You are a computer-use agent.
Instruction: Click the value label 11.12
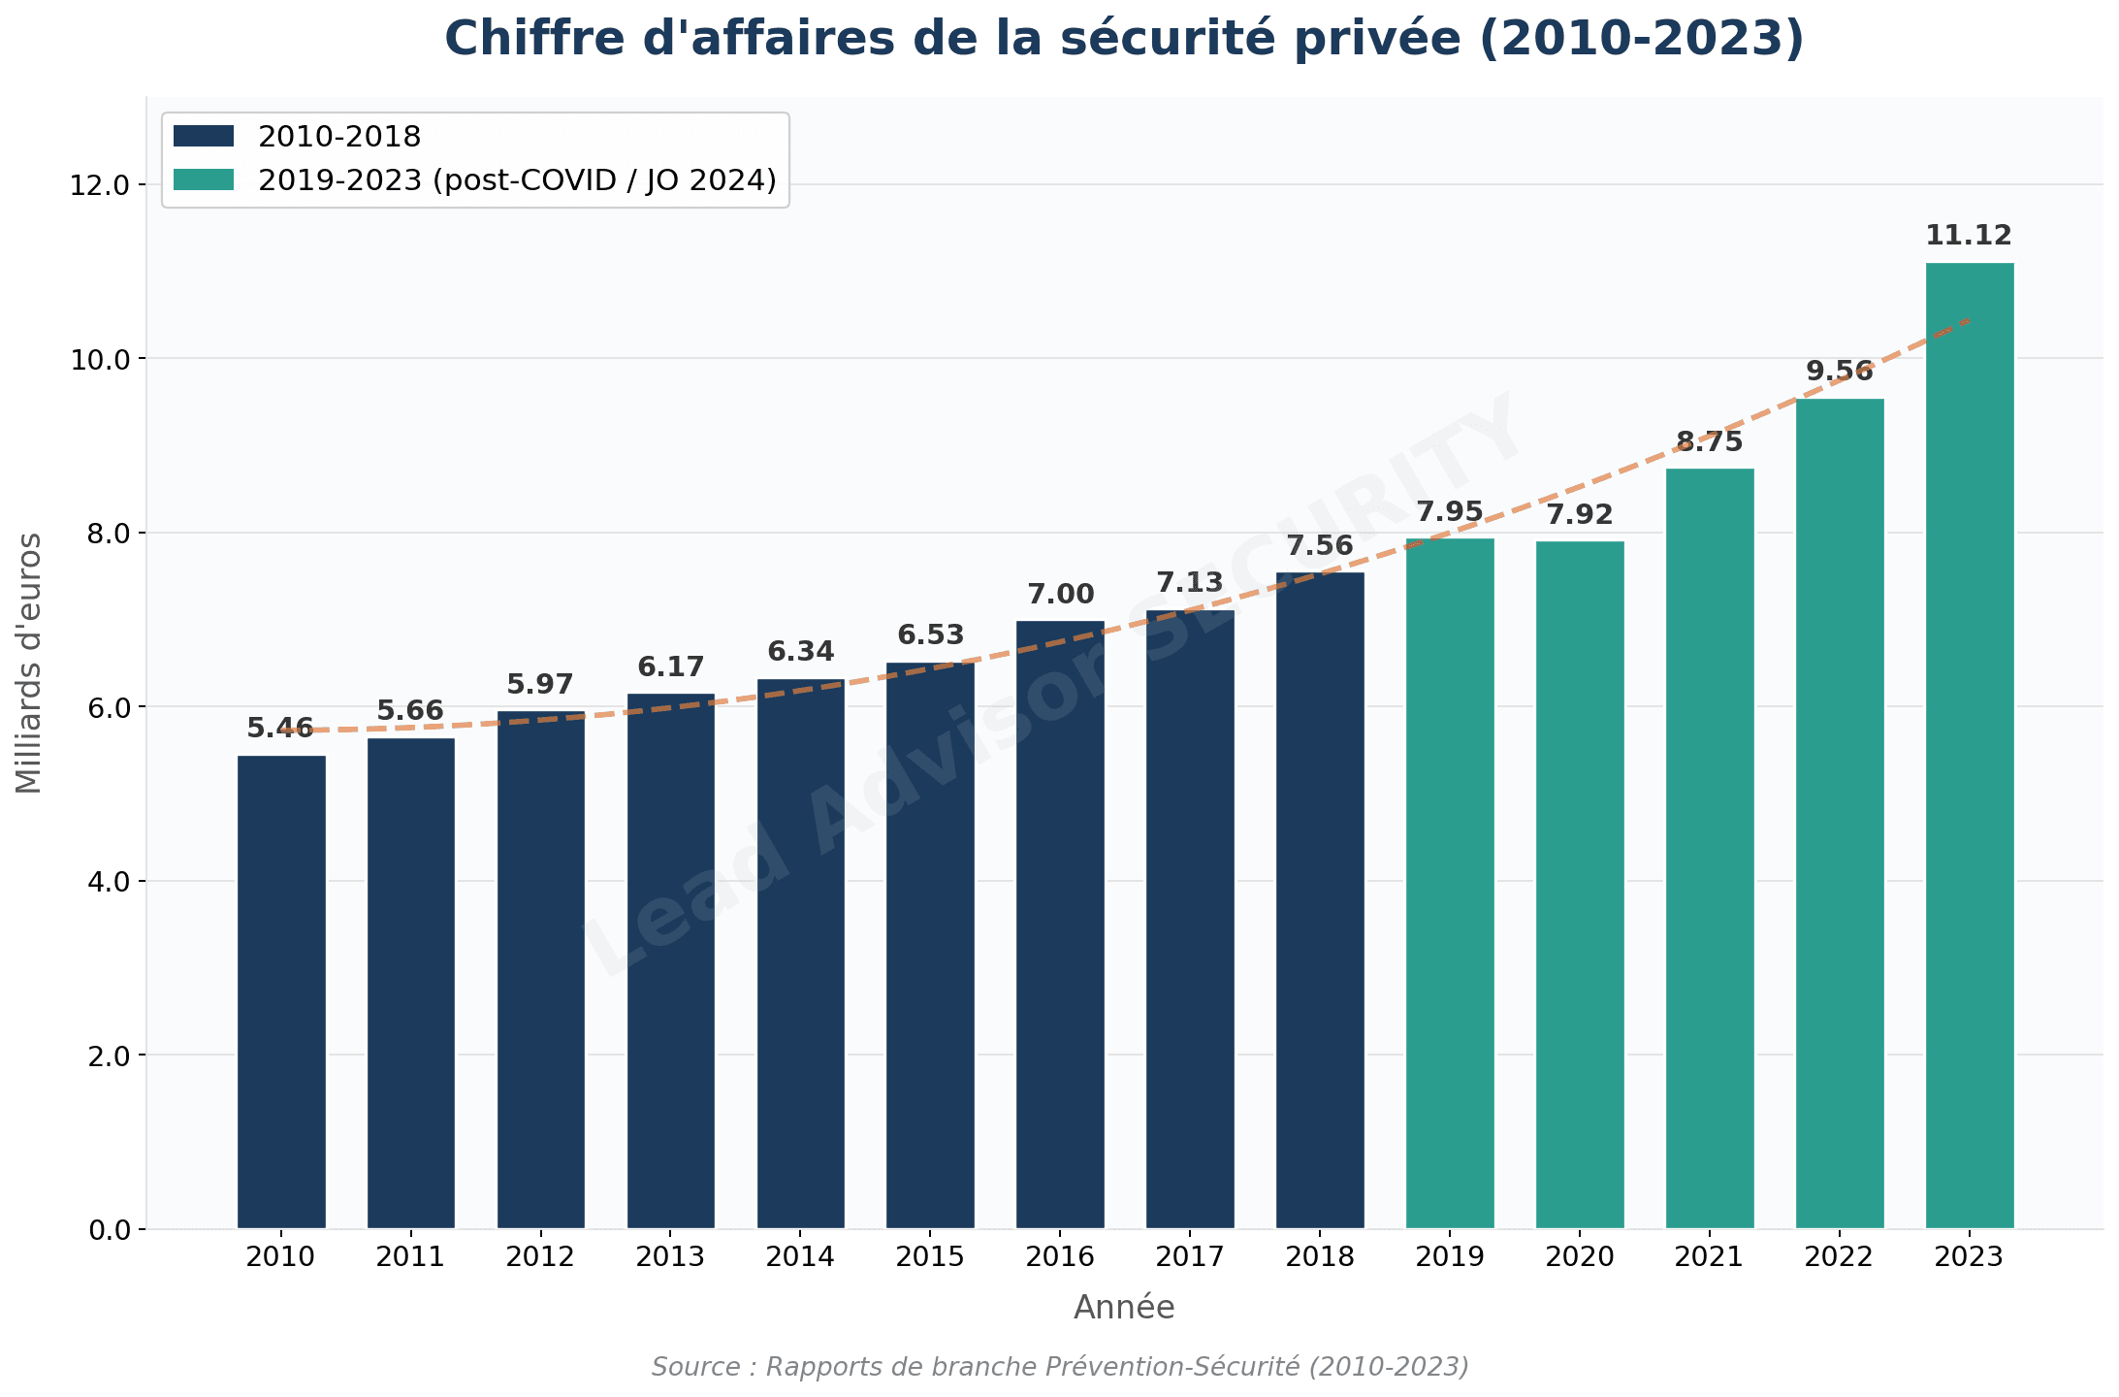1969,236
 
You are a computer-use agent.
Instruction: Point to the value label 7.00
1060,594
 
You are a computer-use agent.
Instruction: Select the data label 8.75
1710,442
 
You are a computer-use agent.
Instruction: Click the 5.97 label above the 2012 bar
540,685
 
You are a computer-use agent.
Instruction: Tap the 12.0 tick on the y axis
100,185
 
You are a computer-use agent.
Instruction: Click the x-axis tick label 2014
800,1257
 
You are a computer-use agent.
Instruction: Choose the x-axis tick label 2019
1450,1257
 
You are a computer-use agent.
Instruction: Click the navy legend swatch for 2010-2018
204,137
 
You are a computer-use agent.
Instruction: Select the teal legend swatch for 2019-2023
204,180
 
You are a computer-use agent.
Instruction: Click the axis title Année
1124,1308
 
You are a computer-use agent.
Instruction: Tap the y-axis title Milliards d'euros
29,663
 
